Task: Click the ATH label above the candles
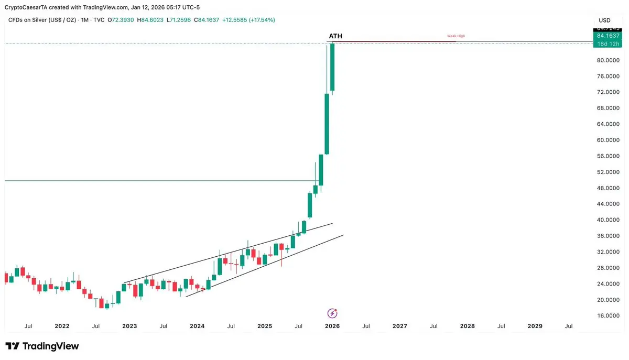tap(335, 36)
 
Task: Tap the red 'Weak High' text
tap(456, 36)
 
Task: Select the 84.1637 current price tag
tap(608, 36)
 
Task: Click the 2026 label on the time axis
tap(332, 326)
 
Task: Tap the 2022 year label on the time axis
tap(62, 326)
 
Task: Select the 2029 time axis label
tap(535, 326)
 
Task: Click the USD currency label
tap(604, 20)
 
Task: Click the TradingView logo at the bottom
tap(42, 346)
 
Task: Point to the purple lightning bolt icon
tap(332, 313)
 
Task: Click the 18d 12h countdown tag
tap(608, 43)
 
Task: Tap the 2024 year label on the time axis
tap(197, 326)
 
